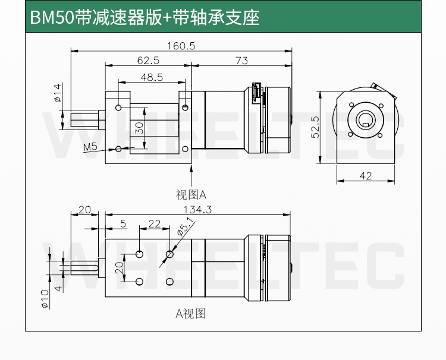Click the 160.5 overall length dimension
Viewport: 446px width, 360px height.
click(x=180, y=46)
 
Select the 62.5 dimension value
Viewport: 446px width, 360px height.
click(x=147, y=60)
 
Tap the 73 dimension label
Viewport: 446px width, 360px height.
click(x=241, y=60)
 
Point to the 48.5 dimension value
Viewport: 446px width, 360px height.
click(x=152, y=76)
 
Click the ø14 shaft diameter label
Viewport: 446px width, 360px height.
click(x=58, y=93)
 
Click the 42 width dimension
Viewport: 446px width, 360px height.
click(x=366, y=176)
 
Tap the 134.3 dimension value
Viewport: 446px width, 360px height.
click(x=197, y=209)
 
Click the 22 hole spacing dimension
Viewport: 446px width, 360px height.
click(x=154, y=223)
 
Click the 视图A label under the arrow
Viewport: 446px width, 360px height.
click(x=190, y=194)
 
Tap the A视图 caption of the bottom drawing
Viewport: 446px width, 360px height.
click(x=190, y=314)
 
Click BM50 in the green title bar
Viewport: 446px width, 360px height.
click(x=51, y=17)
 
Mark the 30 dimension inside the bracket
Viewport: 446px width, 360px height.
click(x=139, y=127)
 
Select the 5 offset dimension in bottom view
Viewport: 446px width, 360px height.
click(x=123, y=223)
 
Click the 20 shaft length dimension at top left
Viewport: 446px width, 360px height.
click(x=84, y=209)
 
